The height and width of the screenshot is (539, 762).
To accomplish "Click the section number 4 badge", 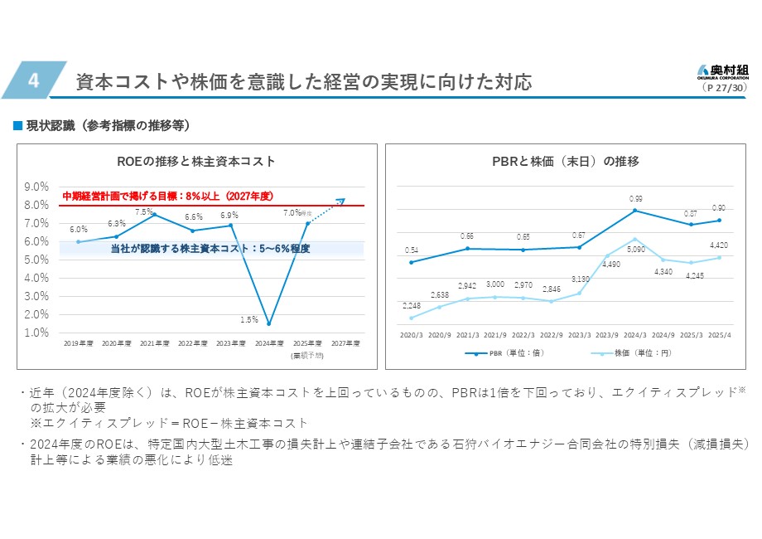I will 33,80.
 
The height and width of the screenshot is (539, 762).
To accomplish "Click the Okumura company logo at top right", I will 725,70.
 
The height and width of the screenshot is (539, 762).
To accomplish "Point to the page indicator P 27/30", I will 725,86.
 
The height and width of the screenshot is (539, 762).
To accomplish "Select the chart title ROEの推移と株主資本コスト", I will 196,161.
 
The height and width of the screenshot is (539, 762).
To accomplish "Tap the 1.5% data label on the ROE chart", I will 249,318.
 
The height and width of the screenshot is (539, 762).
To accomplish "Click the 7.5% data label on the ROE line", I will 143,212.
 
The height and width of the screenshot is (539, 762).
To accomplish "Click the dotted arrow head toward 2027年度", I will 341,200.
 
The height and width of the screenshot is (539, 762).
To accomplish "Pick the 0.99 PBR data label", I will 635,199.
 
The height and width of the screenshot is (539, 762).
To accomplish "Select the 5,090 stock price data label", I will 635,249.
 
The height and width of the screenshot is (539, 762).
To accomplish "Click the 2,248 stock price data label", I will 412,306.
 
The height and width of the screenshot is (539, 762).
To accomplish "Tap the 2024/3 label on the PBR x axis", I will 635,335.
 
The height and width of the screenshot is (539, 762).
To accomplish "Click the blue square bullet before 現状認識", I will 17,125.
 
